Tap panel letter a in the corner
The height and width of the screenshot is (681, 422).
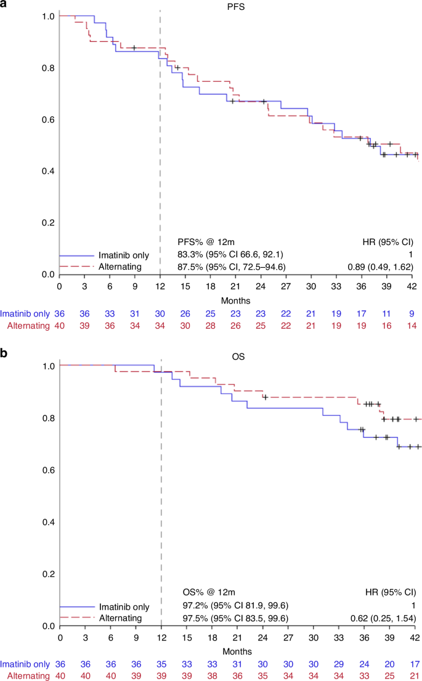pyautogui.click(x=4, y=4)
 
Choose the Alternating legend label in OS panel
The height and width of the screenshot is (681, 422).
pyautogui.click(x=121, y=618)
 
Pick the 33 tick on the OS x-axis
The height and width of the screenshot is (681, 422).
pyautogui.click(x=339, y=637)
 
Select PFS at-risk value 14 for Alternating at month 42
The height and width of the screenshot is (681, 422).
pyautogui.click(x=413, y=325)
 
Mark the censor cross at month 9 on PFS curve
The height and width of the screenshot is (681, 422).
pyautogui.click(x=134, y=47)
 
